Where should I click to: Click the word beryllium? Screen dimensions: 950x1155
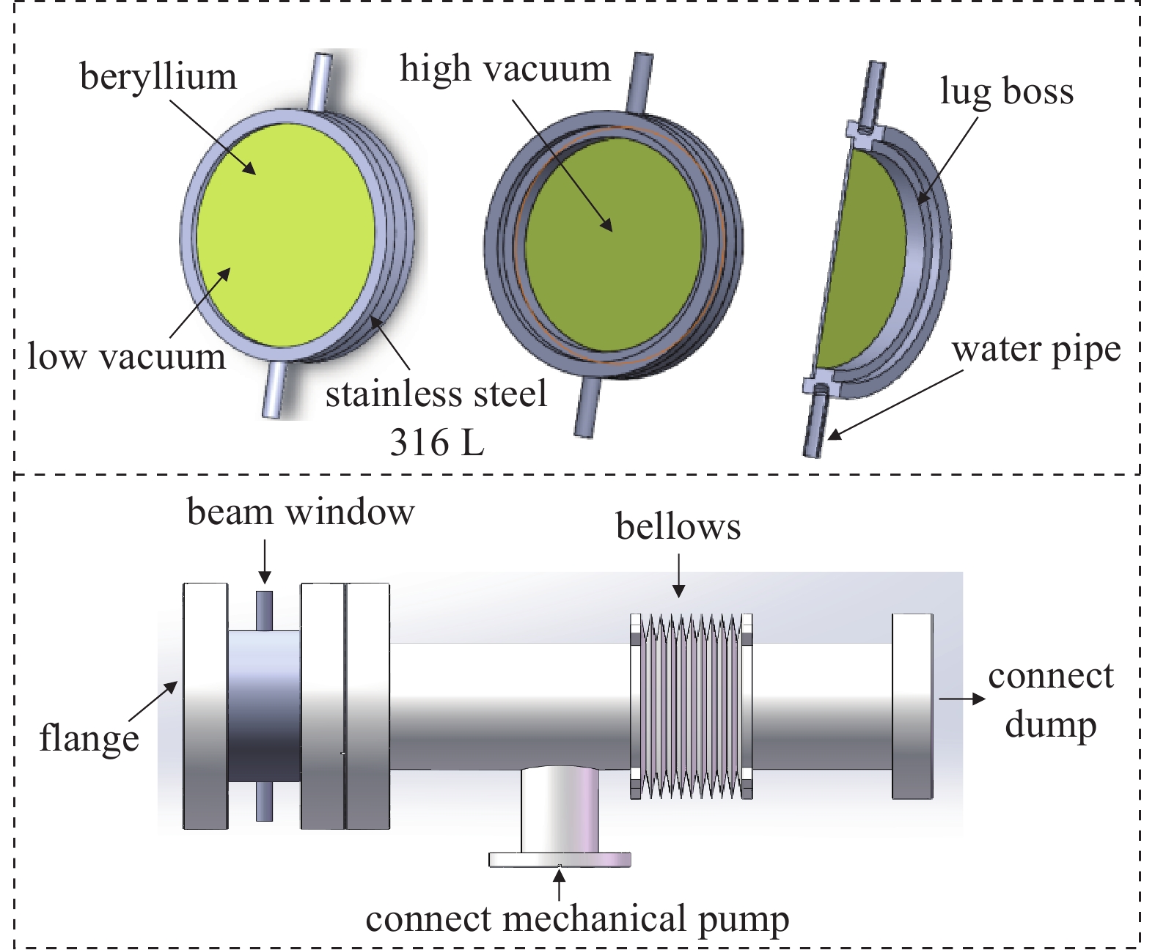(158, 77)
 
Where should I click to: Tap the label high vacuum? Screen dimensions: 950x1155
(505, 69)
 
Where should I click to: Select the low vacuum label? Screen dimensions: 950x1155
(126, 357)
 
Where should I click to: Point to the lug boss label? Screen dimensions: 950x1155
(1006, 92)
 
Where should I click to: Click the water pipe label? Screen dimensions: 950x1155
(1036, 350)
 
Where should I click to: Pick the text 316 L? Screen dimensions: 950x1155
(437, 442)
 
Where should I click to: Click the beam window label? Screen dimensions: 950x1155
(301, 512)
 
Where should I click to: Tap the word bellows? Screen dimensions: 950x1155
(678, 527)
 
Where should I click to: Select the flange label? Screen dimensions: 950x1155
(89, 738)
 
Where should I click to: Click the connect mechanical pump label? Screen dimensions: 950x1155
(577, 919)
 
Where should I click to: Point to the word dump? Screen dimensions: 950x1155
(1050, 724)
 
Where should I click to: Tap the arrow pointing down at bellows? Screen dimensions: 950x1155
(679, 576)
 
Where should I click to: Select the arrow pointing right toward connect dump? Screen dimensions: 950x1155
(962, 699)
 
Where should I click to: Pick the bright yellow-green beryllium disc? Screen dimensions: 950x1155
(286, 235)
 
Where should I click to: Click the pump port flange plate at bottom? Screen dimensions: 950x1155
(560, 859)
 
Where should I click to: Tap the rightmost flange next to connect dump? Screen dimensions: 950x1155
(912, 705)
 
